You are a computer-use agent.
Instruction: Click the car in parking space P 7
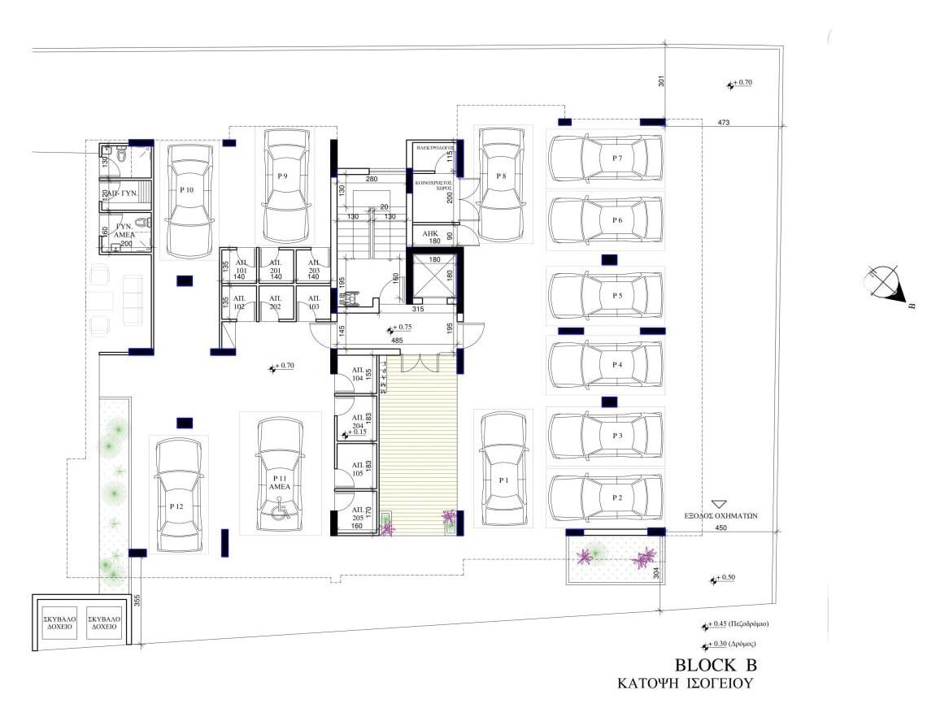tap(605, 158)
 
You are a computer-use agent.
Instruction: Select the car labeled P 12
tap(178, 496)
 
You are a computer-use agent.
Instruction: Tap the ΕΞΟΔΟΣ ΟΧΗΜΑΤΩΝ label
tap(721, 515)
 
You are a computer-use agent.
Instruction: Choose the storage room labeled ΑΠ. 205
tap(357, 514)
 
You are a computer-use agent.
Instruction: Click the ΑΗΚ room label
tap(429, 234)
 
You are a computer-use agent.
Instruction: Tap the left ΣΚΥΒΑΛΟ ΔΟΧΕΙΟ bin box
tap(59, 623)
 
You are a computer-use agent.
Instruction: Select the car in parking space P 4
tap(605, 366)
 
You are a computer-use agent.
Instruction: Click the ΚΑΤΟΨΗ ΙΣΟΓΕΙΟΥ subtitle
tap(685, 684)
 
